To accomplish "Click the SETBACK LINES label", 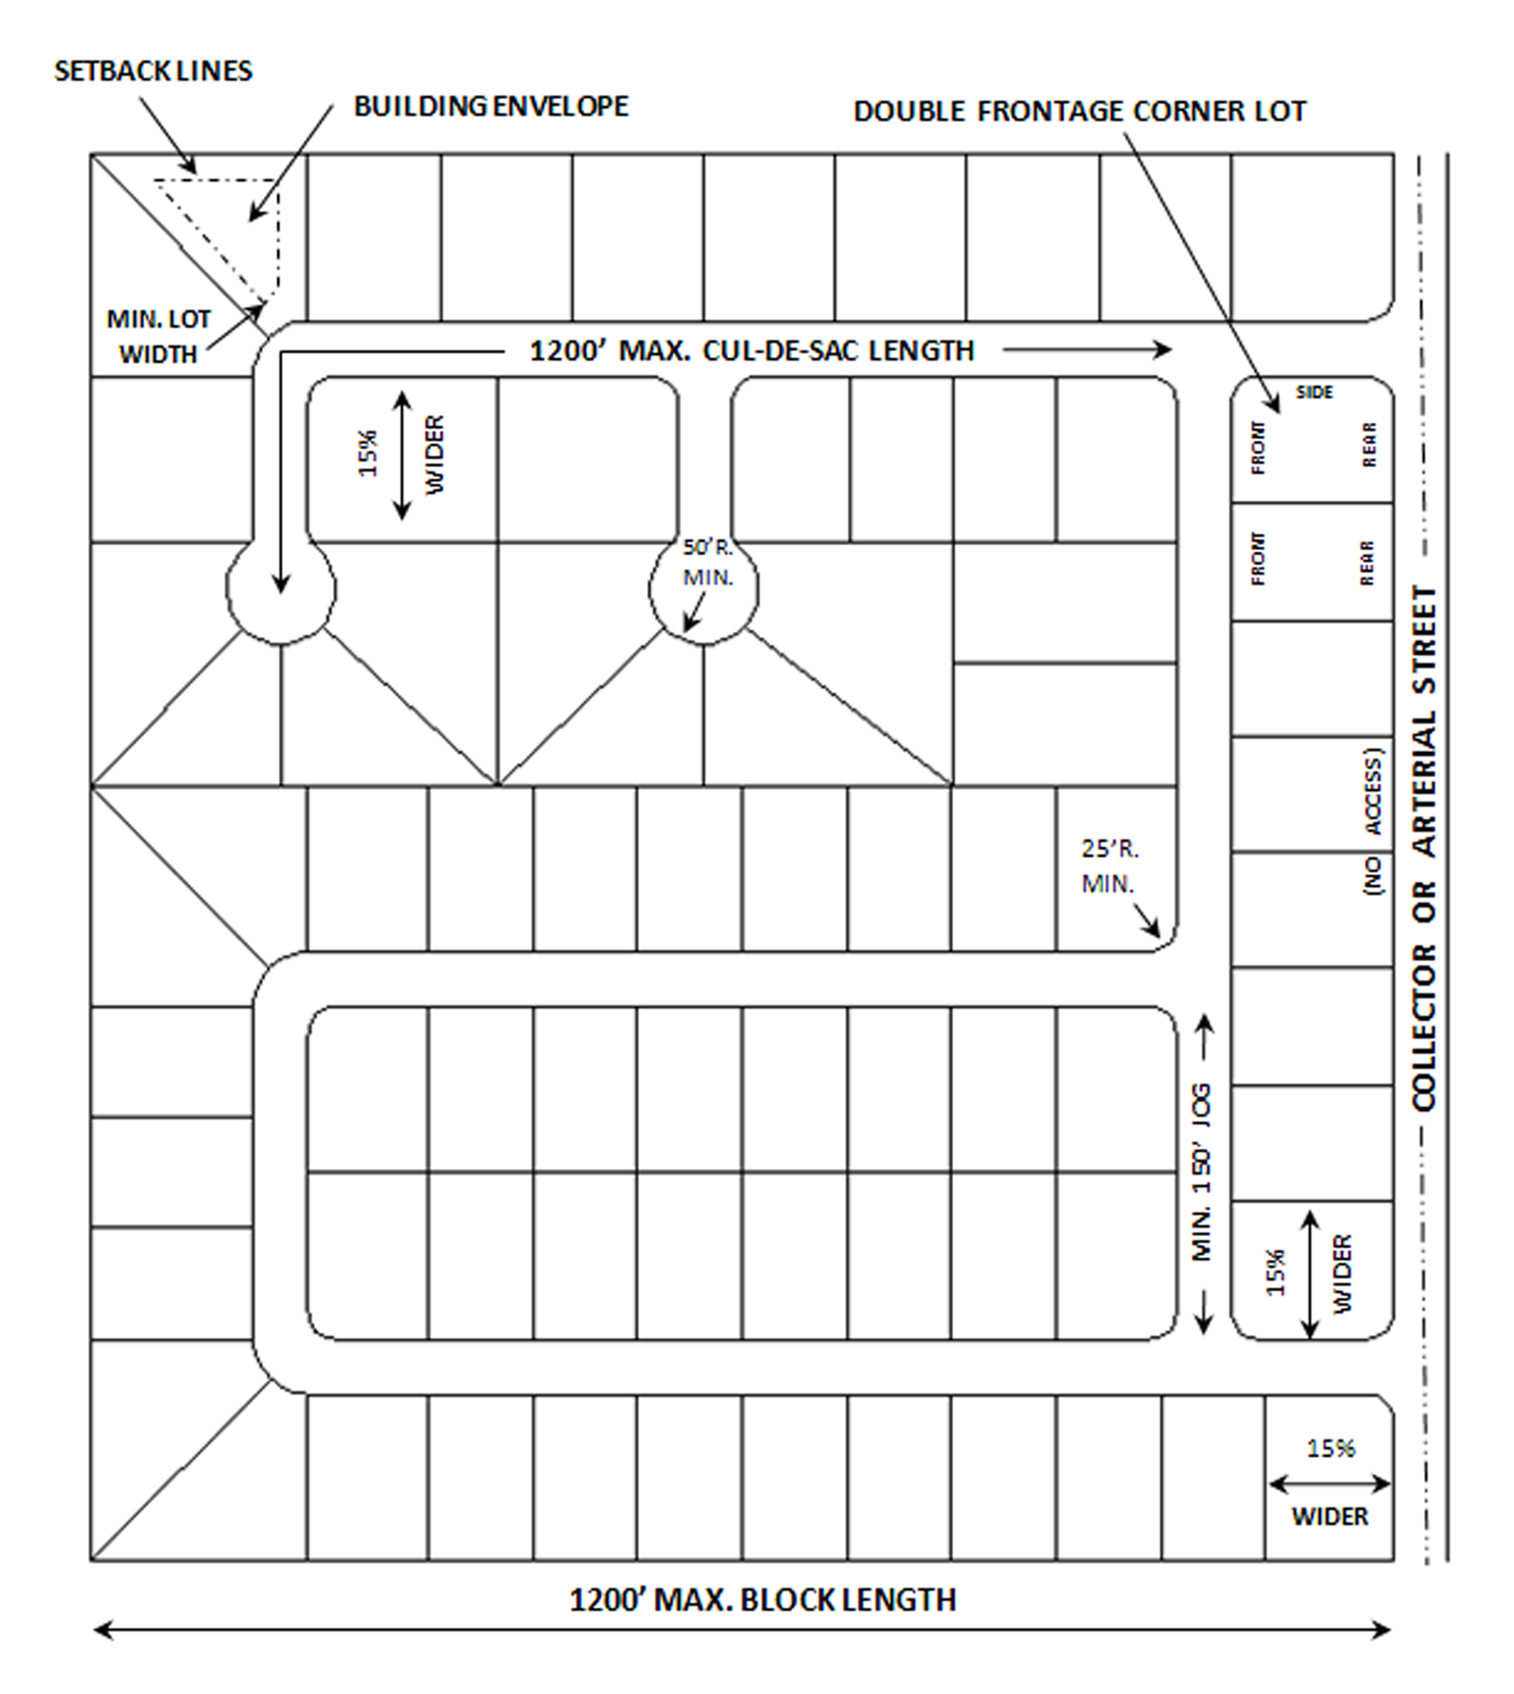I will point(153,72).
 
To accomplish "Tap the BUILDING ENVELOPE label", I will point(491,107).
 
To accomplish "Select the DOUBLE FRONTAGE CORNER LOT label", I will point(1079,112).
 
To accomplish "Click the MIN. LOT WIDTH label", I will point(159,336).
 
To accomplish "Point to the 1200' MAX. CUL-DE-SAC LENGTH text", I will point(751,351).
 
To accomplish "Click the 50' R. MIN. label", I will point(708,562).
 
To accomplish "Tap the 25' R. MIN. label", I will point(1109,865).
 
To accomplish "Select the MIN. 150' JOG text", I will point(1202,1172).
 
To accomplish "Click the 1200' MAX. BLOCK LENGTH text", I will point(762,1600).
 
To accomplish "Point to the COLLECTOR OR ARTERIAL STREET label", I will point(1424,848).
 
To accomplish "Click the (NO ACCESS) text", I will point(1373,822).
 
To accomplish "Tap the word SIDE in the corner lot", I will point(1314,393).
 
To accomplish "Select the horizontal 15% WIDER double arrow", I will point(1329,1485).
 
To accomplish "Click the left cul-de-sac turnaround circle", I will point(280,589).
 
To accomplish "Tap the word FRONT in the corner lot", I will point(1258,448).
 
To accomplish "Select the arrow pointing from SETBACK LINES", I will point(168,135).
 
